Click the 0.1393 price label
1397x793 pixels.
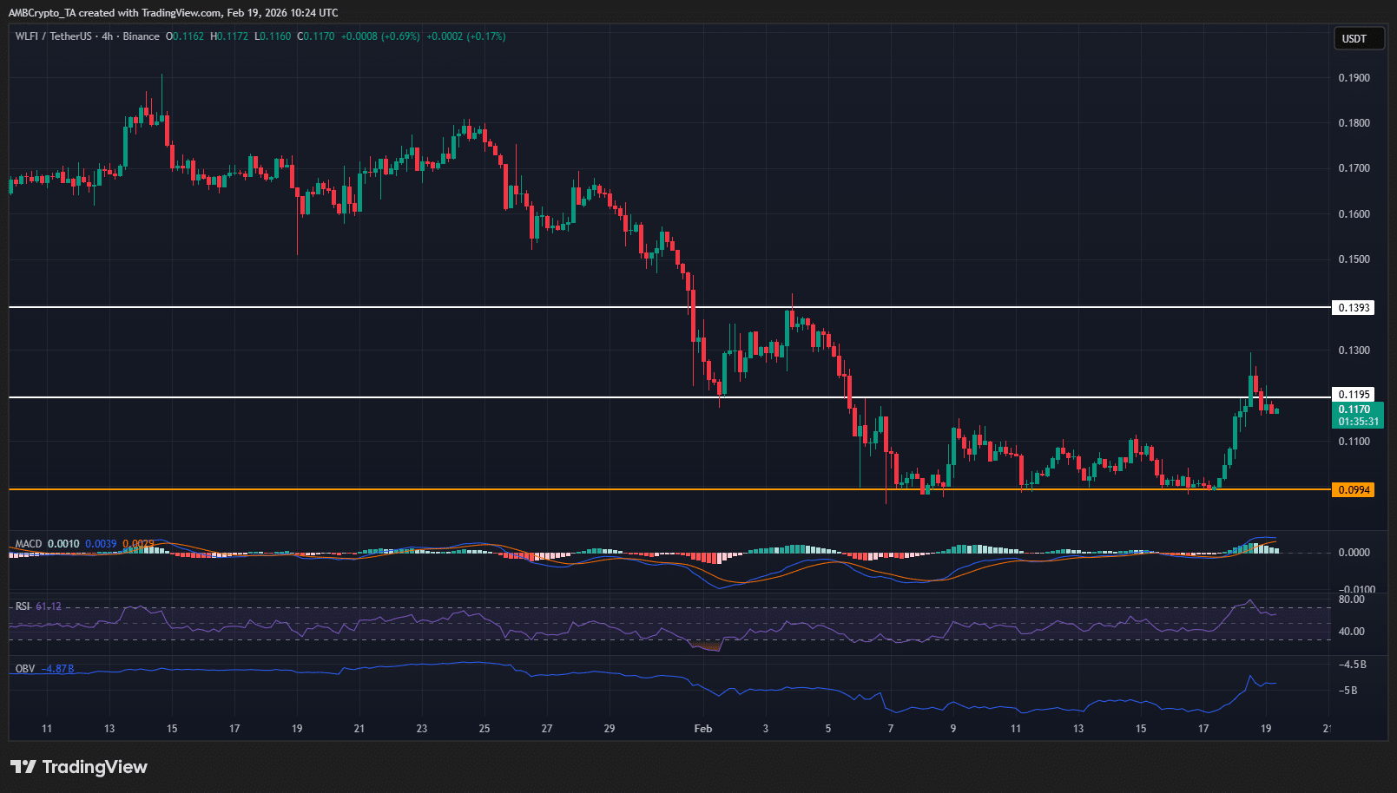(1354, 308)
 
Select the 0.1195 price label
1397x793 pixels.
(1354, 395)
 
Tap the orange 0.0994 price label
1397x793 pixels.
(1354, 490)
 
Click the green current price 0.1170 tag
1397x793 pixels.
(1357, 415)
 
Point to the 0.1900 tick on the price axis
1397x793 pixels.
(1354, 78)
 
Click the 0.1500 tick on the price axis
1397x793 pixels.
(1354, 259)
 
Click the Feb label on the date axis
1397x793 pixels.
(703, 729)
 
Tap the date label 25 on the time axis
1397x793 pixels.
(484, 729)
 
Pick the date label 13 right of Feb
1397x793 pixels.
(1078, 729)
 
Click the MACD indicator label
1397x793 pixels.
(29, 544)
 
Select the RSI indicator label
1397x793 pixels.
(23, 606)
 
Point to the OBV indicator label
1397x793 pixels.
(25, 669)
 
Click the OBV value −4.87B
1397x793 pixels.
(59, 669)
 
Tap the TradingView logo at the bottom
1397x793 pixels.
(79, 767)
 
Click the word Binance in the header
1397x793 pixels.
(141, 36)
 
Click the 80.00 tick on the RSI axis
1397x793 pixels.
(1351, 600)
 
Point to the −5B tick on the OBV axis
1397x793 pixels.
(1348, 691)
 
